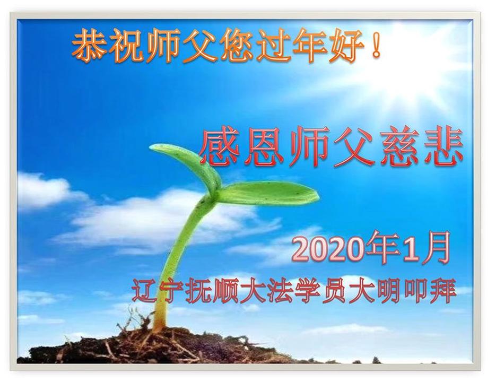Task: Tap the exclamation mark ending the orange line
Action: [x=376, y=45]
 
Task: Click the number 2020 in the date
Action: [x=329, y=248]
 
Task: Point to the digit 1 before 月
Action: [x=408, y=248]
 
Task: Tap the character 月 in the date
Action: [x=436, y=248]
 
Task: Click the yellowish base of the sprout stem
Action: [x=159, y=317]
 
